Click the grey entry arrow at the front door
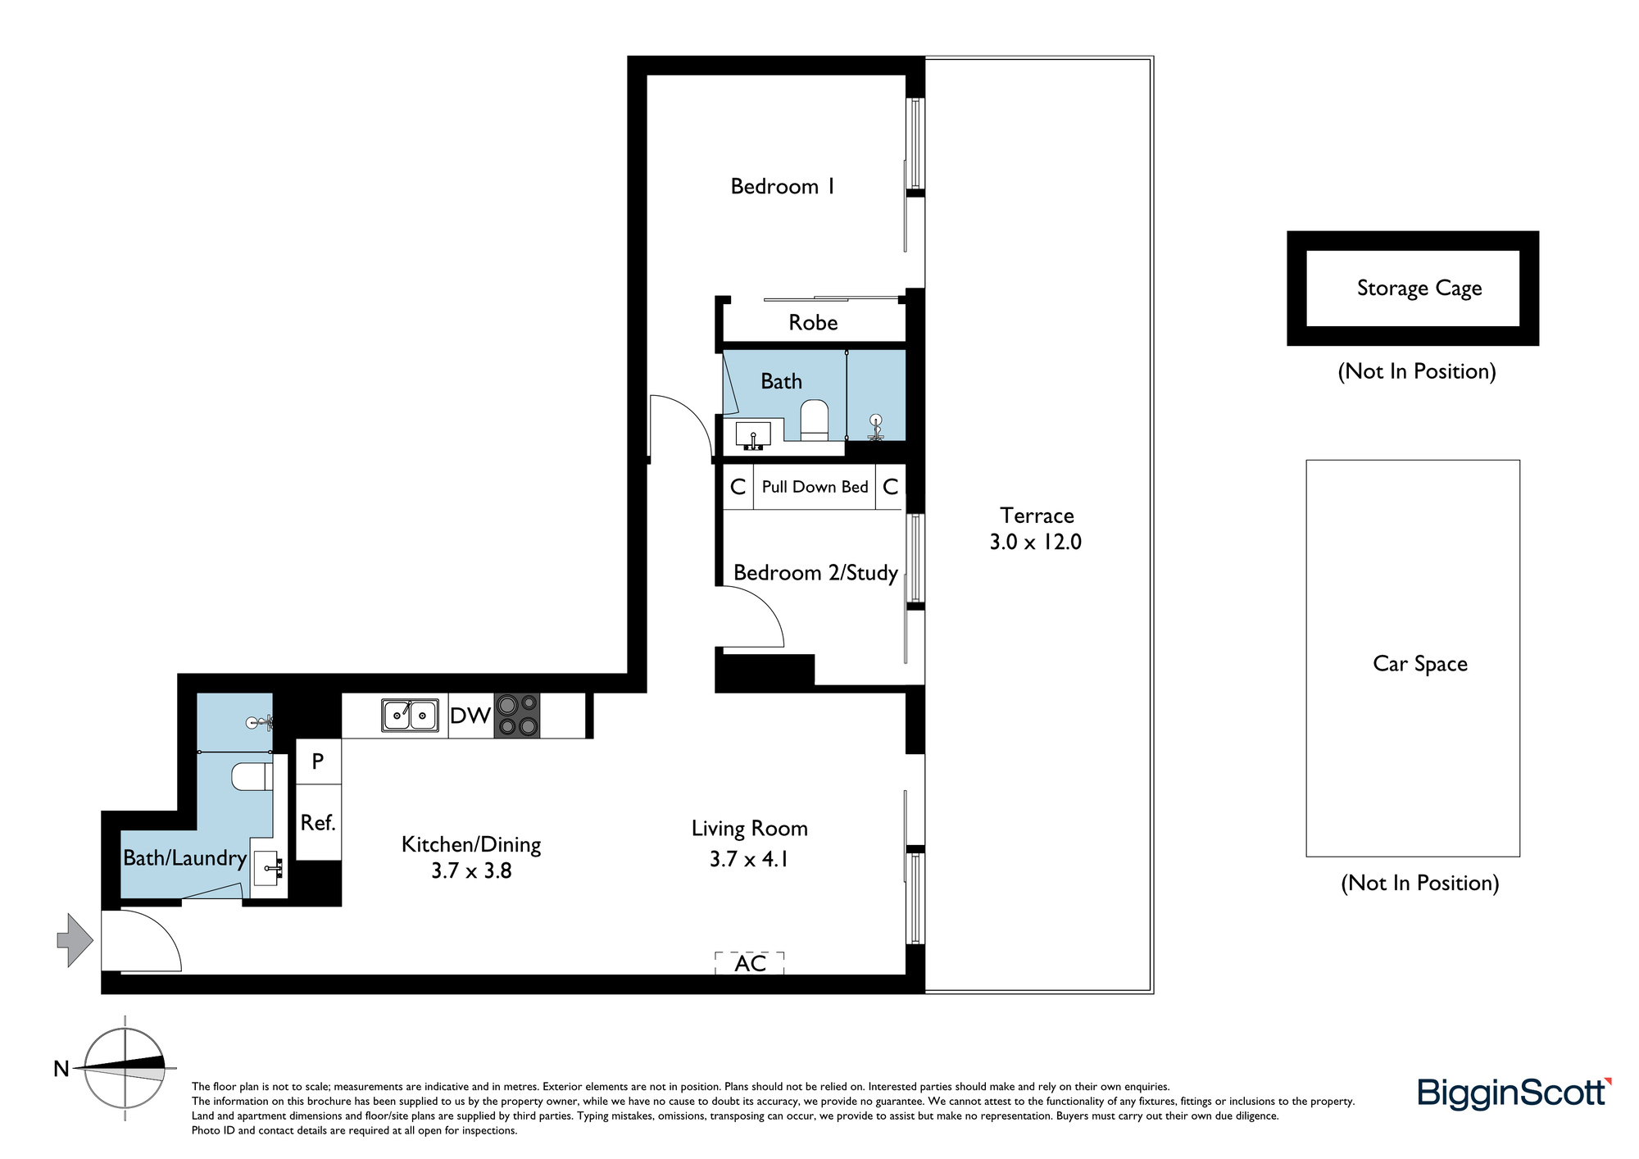[x=75, y=940]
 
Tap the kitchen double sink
[x=410, y=715]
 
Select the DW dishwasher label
[x=470, y=716]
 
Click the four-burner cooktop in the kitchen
[x=517, y=716]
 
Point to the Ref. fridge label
[x=318, y=822]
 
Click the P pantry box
[x=318, y=761]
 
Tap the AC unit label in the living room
[x=750, y=963]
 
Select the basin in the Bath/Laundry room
[x=269, y=868]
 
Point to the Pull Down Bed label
[x=815, y=487]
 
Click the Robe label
[x=813, y=322]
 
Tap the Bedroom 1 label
[x=783, y=187]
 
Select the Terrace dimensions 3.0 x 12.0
[x=1036, y=542]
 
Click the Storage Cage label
[x=1419, y=289]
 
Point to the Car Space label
[x=1420, y=664]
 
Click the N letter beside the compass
[x=61, y=1069]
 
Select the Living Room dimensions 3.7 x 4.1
[x=749, y=859]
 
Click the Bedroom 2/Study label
[x=815, y=573]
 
